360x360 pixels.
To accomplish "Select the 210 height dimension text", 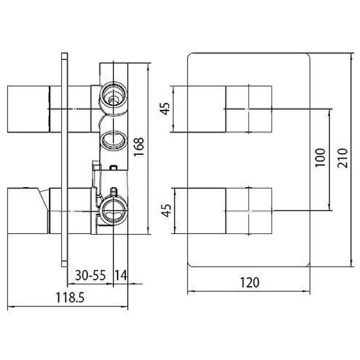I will pyautogui.click(x=341, y=158).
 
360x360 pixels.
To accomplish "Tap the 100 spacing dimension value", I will pyautogui.click(x=319, y=158).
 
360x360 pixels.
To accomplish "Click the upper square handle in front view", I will pyautogui.click(x=249, y=109).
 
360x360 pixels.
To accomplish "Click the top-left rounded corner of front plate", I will pyautogui.click(x=192, y=56).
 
